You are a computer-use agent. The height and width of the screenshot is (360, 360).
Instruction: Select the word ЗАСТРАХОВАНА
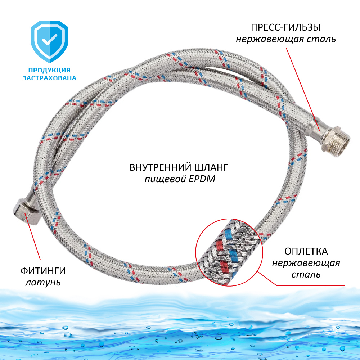tap(49, 78)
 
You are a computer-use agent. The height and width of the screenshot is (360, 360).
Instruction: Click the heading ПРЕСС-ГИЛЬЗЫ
tap(286, 28)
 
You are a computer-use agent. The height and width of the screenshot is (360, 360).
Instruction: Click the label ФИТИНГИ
tap(43, 271)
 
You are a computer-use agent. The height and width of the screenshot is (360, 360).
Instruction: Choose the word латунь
tap(43, 282)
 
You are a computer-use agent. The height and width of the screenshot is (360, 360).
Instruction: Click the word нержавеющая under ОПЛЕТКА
tap(306, 263)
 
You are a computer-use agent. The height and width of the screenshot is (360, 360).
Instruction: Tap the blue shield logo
tap(49, 41)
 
